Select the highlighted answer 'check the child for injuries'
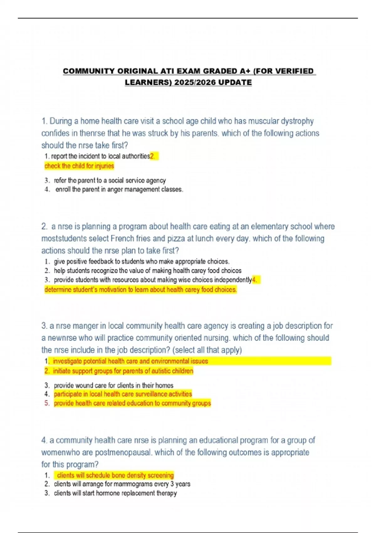pyautogui.click(x=79, y=166)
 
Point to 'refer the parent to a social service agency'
pyautogui.click(x=110, y=180)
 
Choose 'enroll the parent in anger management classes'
pyautogui.click(x=119, y=189)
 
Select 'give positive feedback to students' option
pyautogui.click(x=141, y=261)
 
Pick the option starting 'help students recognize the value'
pyautogui.click(x=147, y=271)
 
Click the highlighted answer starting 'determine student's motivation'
pyautogui.click(x=140, y=289)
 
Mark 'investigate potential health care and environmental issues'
pyautogui.click(x=130, y=361)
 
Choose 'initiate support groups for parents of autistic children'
pyautogui.click(x=123, y=371)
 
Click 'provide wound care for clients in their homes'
pyautogui.click(x=113, y=385)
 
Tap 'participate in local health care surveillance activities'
pyautogui.click(x=123, y=394)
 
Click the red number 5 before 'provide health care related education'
pyautogui.click(x=47, y=403)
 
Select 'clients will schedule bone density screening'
pyautogui.click(x=115, y=475)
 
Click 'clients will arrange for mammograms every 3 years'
pyautogui.click(x=122, y=484)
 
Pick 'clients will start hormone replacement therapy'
pyautogui.click(x=115, y=493)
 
